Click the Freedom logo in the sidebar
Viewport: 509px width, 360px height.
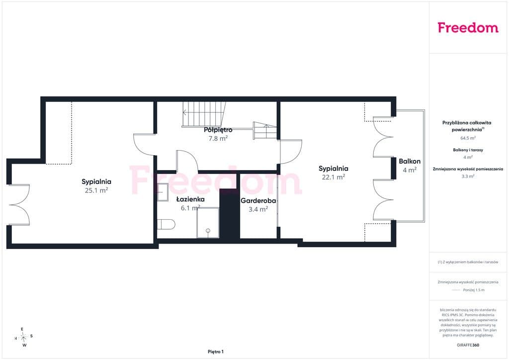pos(468,27)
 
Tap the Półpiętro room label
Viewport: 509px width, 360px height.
pos(218,130)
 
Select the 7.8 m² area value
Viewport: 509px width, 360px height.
pos(218,138)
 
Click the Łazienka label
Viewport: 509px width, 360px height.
pos(190,199)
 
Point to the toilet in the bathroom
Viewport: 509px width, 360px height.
pos(166,224)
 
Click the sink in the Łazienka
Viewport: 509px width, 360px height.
pos(163,192)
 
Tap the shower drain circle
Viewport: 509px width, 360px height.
pos(208,231)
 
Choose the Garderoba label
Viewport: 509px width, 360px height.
pos(258,200)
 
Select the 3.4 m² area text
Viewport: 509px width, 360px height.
pos(258,209)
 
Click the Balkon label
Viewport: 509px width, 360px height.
pos(410,161)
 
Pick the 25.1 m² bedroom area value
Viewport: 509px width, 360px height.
pos(96,190)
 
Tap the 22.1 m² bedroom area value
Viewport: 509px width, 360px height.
pos(334,177)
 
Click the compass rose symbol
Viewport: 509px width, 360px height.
pos(23,338)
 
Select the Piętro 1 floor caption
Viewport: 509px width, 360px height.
pos(216,352)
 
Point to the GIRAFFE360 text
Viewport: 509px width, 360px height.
pos(468,345)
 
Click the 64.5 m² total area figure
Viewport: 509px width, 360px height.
pos(468,138)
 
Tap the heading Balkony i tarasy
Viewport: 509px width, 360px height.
pos(468,150)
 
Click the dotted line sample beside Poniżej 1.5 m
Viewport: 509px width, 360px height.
pos(456,290)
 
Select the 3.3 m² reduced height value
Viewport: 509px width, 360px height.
pos(468,176)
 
